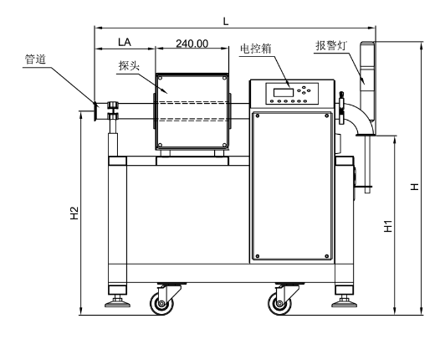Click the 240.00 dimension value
(192, 44)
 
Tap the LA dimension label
(125, 42)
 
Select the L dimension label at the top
(226, 21)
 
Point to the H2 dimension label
(74, 213)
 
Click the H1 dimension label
(388, 226)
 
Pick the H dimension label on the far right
(415, 187)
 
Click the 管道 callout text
(35, 59)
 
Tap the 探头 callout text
(129, 66)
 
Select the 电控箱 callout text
(256, 49)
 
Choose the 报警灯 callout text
(331, 45)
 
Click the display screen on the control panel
(284, 92)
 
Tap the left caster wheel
(161, 303)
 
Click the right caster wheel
(279, 303)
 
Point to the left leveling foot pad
(117, 304)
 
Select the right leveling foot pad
(345, 304)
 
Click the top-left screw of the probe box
(160, 78)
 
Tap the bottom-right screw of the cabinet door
(327, 256)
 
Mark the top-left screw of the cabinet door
(258, 116)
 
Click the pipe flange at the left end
(95, 111)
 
